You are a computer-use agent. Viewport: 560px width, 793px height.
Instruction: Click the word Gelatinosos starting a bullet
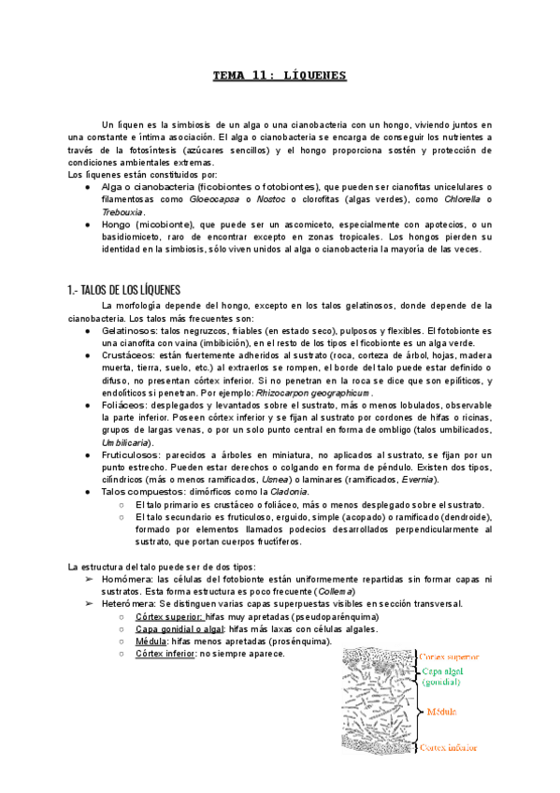tap(129, 331)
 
